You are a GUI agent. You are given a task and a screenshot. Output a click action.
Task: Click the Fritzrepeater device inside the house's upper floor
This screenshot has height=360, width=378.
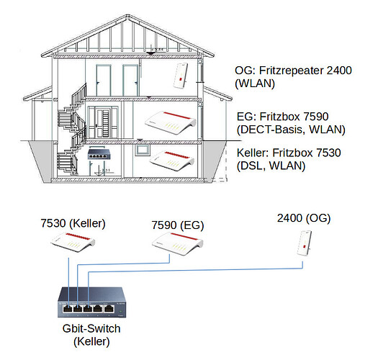(181, 76)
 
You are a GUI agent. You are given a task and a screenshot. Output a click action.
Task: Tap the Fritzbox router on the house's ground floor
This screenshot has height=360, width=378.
(170, 122)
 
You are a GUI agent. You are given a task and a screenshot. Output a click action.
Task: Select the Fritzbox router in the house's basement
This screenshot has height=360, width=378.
(172, 161)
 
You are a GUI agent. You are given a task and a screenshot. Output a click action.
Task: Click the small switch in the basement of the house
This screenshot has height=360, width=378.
(99, 154)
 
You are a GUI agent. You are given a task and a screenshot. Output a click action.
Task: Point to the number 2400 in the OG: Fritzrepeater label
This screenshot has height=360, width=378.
(339, 71)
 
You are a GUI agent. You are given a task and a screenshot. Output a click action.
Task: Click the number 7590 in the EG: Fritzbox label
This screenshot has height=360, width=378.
(316, 117)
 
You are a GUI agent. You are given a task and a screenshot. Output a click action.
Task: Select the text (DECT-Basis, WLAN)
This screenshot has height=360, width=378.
(291, 130)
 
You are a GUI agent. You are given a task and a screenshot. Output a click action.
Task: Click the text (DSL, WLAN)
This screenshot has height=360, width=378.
(271, 166)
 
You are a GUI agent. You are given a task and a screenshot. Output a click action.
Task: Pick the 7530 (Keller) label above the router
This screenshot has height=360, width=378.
(73, 223)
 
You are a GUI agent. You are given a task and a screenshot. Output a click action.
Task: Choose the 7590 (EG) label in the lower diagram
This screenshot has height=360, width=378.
(178, 225)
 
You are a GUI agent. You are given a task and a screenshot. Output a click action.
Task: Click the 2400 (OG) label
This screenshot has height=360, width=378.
(304, 218)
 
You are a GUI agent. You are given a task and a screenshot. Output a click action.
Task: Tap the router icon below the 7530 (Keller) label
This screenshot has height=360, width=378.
(73, 242)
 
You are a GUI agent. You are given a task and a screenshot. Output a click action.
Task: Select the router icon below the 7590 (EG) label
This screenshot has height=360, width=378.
(177, 243)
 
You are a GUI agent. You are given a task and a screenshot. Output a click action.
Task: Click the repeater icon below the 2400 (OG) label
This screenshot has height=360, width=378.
(305, 243)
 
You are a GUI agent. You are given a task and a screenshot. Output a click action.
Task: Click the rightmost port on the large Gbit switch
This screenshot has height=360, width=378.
(109, 309)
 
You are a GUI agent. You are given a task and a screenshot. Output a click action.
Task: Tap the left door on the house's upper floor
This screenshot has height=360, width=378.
(104, 81)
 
